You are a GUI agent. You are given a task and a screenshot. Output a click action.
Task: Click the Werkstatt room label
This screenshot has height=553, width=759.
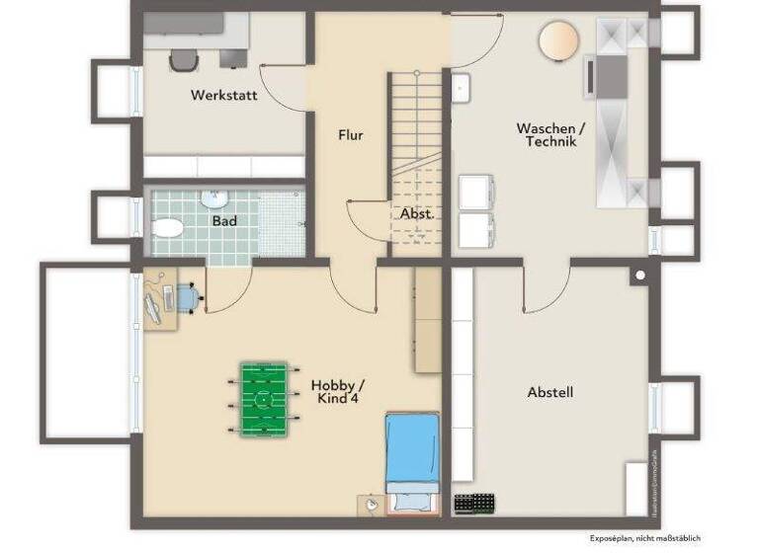tap(224, 96)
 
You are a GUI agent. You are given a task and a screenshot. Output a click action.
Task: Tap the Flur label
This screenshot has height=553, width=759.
tap(350, 135)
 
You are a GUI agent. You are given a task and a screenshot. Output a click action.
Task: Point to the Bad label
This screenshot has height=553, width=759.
tap(224, 221)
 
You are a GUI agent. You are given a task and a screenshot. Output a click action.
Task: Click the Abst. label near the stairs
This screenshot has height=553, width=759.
tap(416, 213)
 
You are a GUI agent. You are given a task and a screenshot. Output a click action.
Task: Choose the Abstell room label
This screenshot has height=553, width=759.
tap(550, 392)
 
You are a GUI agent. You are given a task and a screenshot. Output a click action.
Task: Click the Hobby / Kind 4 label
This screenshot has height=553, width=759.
tap(337, 391)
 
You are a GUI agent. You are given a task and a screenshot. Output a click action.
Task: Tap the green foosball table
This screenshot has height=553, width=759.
tap(263, 400)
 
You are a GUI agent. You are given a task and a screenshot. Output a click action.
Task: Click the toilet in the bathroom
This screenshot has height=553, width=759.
tap(168, 228)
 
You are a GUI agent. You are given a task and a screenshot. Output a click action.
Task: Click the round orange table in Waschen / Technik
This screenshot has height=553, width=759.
tap(558, 42)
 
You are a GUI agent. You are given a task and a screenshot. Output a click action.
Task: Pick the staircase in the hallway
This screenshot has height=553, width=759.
tap(416, 123)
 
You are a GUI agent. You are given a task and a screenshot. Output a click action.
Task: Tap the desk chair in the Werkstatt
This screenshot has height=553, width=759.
tap(184, 60)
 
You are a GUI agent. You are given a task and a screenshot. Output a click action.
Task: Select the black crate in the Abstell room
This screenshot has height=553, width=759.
tap(474, 503)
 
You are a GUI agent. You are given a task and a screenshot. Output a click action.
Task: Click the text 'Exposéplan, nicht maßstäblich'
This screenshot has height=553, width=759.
tap(643, 538)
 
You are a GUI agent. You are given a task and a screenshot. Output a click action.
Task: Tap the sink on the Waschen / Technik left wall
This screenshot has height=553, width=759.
tap(462, 88)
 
